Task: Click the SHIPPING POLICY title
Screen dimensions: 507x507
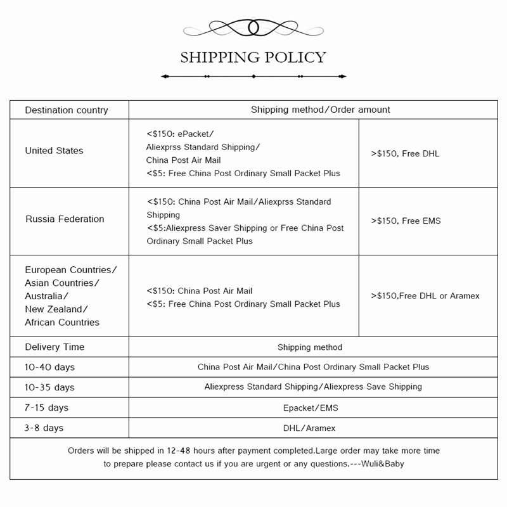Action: click(x=253, y=58)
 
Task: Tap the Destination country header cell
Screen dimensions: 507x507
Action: click(x=67, y=110)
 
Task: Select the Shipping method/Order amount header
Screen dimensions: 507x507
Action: click(x=320, y=110)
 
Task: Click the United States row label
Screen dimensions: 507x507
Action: click(x=54, y=151)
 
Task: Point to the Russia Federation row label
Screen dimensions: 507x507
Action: click(x=65, y=219)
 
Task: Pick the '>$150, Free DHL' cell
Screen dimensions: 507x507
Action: click(x=405, y=153)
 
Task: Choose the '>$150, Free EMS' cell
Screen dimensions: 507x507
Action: click(x=406, y=221)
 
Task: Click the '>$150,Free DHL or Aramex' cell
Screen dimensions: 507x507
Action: click(x=425, y=296)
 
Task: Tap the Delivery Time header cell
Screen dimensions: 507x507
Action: click(x=55, y=347)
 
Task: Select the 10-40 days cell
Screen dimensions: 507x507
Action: click(x=49, y=367)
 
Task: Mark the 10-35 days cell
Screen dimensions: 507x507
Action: click(x=49, y=387)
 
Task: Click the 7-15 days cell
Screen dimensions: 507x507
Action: click(x=47, y=408)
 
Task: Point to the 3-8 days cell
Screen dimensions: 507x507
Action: click(x=44, y=428)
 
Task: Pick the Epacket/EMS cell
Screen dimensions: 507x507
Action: click(x=309, y=408)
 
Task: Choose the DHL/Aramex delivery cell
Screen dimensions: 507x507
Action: click(x=309, y=428)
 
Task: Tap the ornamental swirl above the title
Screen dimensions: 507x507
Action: click(x=253, y=28)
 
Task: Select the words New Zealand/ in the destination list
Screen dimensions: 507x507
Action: click(x=56, y=309)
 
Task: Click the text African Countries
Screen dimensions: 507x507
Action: click(x=62, y=323)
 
